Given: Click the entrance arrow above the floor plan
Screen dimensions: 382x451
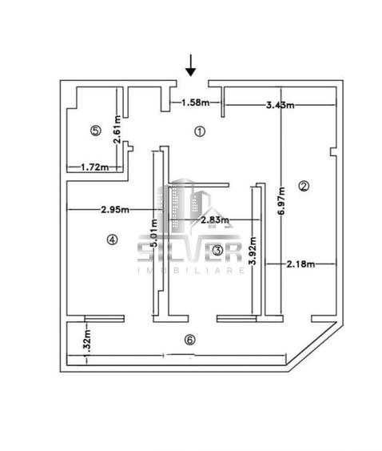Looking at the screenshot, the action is click(190, 66).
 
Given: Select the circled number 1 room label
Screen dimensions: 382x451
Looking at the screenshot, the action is click(200, 131).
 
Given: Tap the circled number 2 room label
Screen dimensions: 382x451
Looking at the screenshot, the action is click(304, 186).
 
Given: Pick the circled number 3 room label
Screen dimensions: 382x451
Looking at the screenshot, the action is click(217, 251).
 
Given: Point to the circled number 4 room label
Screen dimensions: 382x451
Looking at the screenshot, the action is click(112, 240).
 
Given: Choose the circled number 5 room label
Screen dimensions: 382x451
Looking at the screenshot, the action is click(96, 131).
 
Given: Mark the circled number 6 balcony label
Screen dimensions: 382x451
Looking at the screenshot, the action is click(189, 340).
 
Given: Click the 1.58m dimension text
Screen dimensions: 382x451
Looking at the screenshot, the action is click(196, 102).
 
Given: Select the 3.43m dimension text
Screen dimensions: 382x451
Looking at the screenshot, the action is click(281, 105).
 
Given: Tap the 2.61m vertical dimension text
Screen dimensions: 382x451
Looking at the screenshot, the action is click(117, 130).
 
